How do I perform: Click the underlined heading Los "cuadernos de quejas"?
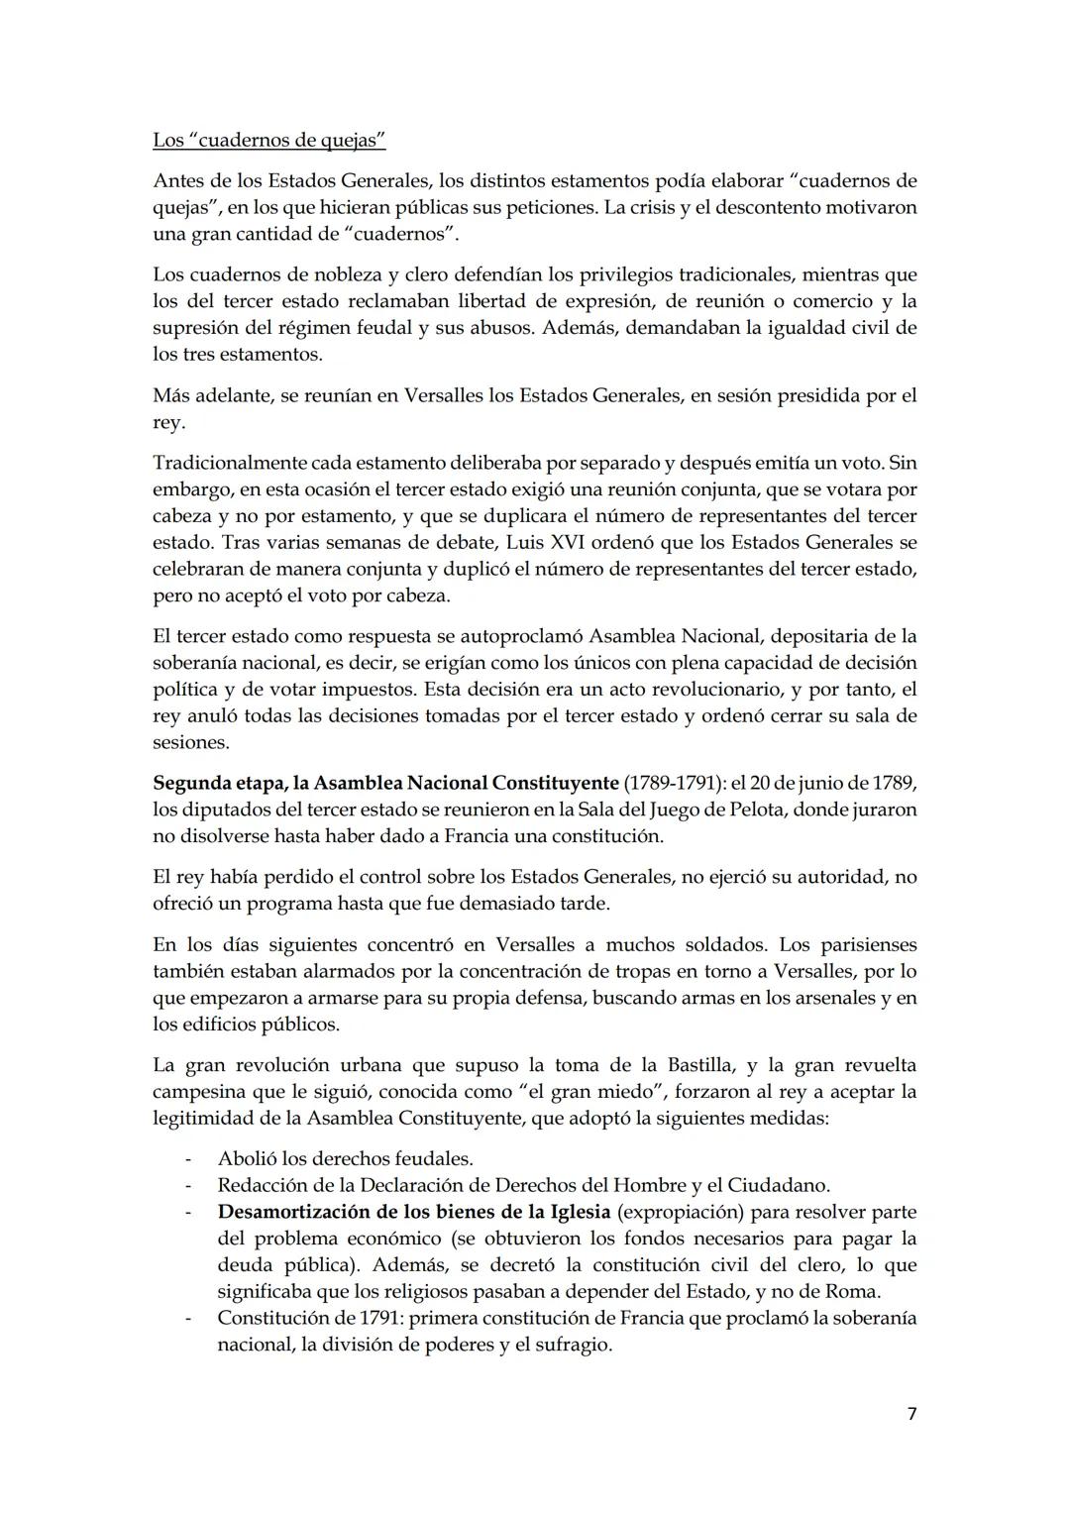pos(268,140)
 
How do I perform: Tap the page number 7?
pos(911,1414)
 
